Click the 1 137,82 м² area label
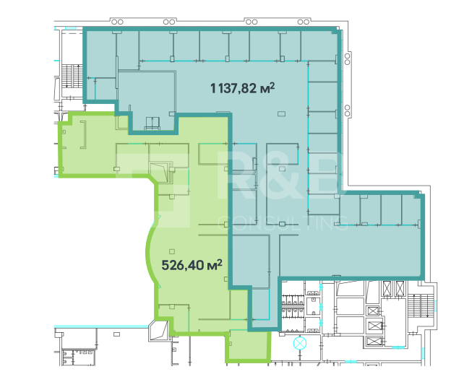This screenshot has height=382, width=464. click(242, 88)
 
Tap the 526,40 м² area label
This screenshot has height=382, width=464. click(192, 264)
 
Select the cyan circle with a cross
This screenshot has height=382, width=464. click(300, 344)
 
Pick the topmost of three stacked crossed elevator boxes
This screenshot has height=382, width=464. click(373, 311)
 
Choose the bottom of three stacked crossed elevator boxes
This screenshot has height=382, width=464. click(373, 341)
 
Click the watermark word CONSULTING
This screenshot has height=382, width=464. click(283, 224)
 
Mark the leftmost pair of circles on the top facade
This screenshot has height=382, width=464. click(117, 22)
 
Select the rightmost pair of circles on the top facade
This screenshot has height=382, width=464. click(304, 22)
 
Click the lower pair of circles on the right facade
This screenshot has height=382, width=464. click(348, 110)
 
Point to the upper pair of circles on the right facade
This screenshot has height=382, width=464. click(348, 59)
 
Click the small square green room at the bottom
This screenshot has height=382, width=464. click(249, 346)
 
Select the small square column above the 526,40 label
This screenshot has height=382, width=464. click(172, 251)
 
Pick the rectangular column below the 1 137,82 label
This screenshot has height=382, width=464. click(281, 114)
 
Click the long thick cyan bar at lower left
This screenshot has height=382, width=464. click(101, 326)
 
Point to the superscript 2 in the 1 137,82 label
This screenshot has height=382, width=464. click(272, 85)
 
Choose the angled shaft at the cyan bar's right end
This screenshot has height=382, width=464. click(158, 331)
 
